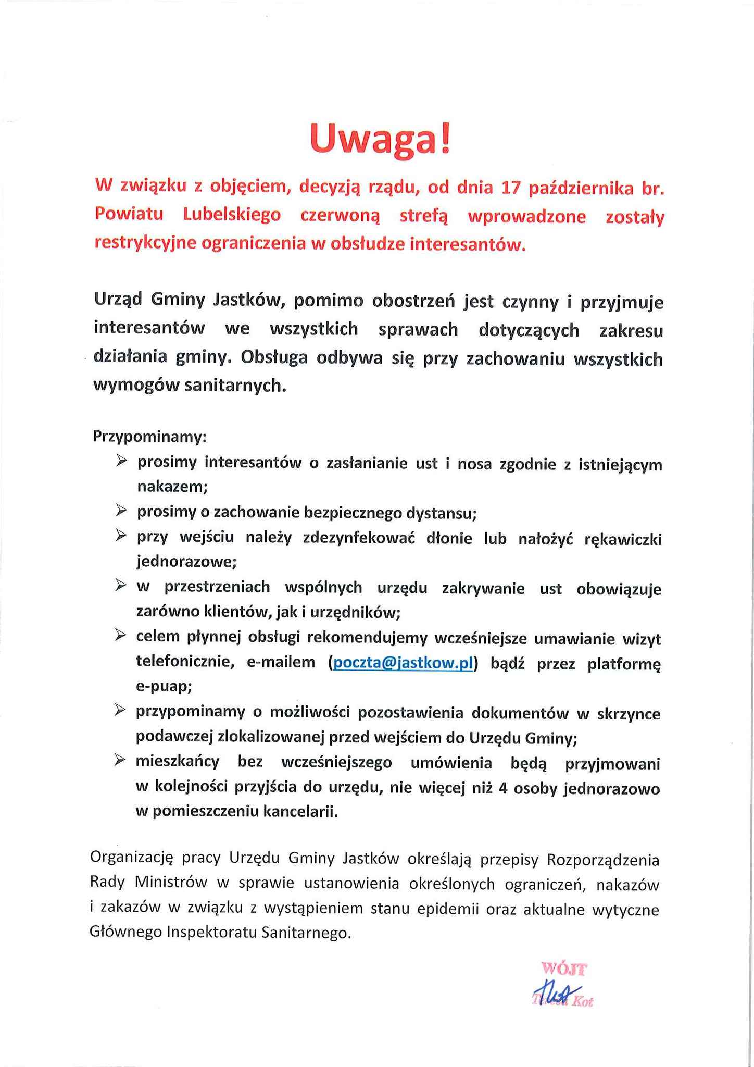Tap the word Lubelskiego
[x=232, y=215]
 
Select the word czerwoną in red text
[x=341, y=216]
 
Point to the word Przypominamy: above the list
[x=150, y=436]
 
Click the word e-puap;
[x=164, y=687]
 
